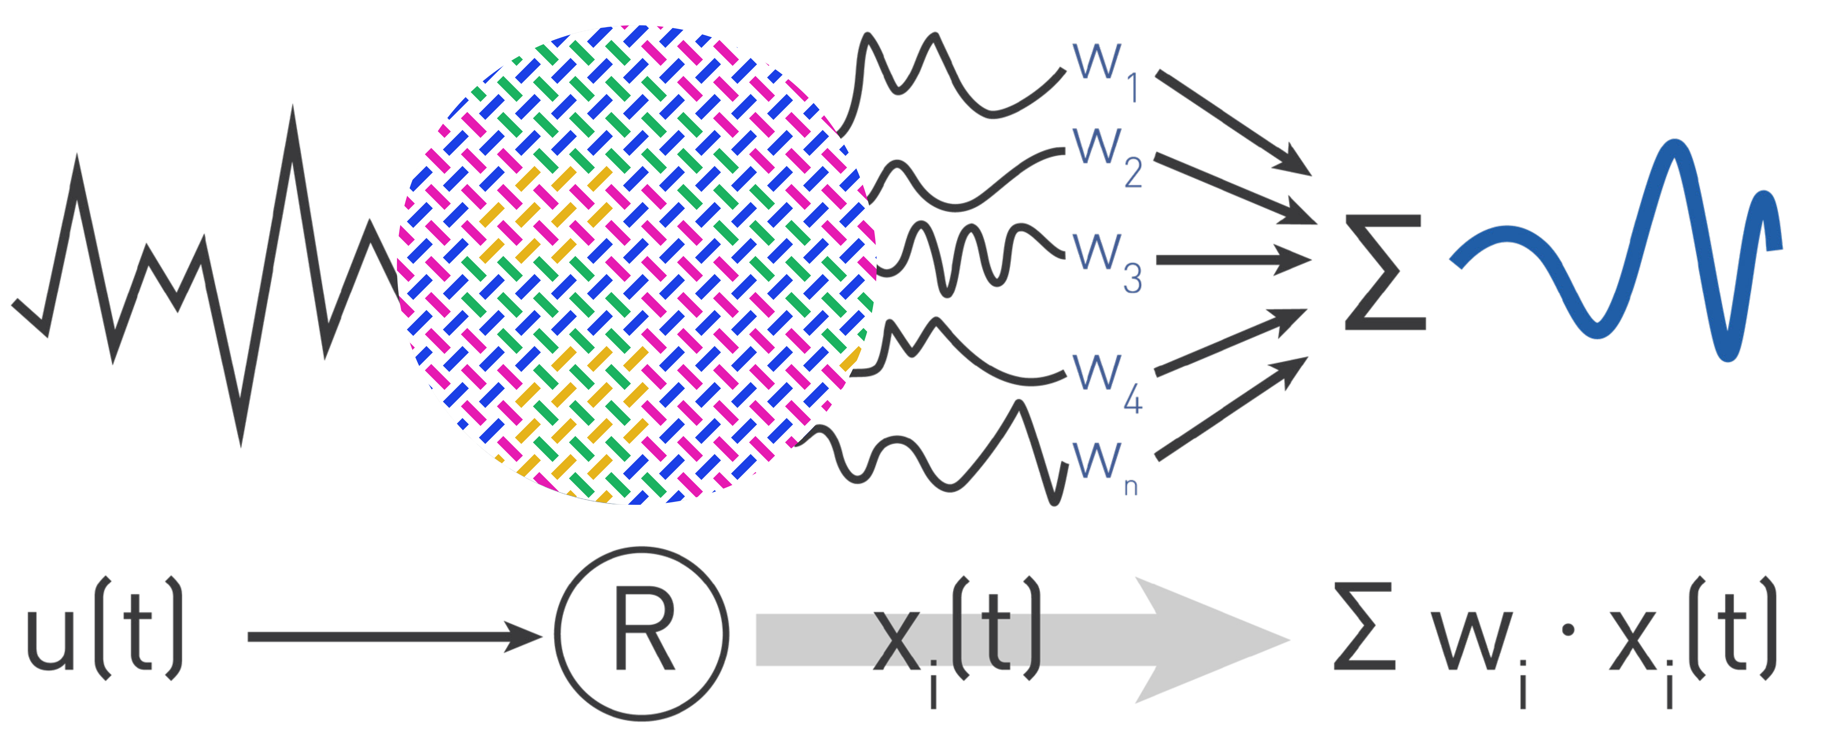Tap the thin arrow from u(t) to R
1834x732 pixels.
pos(391,636)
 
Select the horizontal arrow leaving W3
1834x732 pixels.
pos(1232,261)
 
